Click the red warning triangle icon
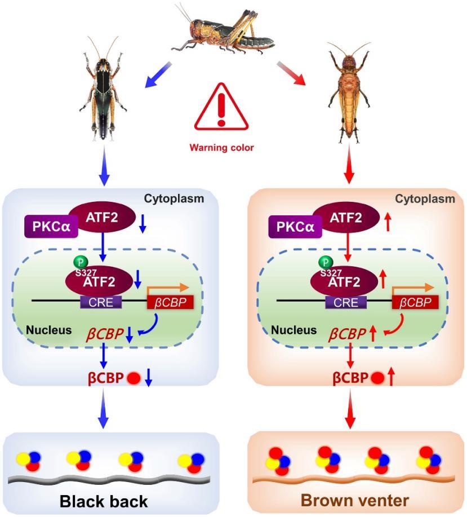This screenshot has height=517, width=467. point(221,108)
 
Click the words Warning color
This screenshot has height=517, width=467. point(221,147)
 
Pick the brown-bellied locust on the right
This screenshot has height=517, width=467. point(349,93)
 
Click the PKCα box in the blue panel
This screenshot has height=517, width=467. point(51,226)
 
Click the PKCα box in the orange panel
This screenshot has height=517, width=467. point(295,226)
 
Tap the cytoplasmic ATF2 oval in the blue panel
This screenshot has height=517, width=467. point(102,218)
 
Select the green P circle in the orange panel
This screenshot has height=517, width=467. point(326,263)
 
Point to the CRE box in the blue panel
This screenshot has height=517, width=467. point(101,302)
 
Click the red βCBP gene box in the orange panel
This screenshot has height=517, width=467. point(415,302)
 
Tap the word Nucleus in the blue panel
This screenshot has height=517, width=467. point(49,330)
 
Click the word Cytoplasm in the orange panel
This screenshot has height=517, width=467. point(425,198)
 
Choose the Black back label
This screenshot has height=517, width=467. point(104,502)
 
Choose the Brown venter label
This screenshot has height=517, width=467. point(355,501)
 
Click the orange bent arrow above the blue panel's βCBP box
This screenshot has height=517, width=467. point(167,288)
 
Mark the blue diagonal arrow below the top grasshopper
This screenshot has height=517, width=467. point(158,75)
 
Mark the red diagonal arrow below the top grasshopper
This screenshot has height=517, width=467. point(291,73)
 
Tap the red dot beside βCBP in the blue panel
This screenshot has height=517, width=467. point(134,378)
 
